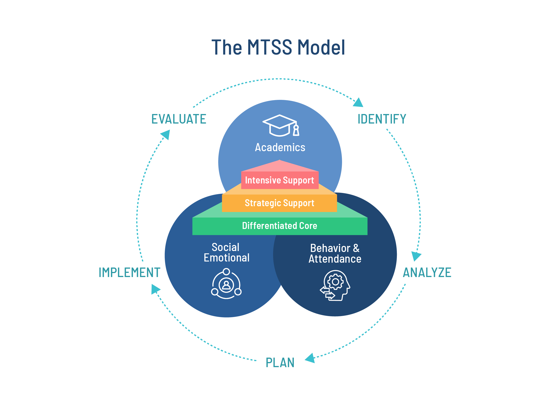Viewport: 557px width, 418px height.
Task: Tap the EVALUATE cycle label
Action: (179, 119)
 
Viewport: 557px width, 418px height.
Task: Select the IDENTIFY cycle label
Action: (382, 119)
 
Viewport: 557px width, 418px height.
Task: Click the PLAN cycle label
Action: (280, 362)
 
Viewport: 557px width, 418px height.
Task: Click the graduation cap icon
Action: (281, 125)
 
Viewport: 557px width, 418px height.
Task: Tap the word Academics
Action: (280, 147)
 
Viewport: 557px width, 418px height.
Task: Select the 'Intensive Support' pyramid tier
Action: (279, 180)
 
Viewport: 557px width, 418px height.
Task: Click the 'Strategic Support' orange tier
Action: (279, 203)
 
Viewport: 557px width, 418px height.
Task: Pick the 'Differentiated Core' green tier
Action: (279, 226)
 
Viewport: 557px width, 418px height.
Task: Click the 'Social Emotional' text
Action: (226, 252)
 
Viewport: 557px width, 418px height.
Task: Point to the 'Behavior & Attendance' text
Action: (335, 254)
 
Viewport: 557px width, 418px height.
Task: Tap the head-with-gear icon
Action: (335, 285)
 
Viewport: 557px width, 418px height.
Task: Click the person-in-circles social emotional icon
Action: (226, 284)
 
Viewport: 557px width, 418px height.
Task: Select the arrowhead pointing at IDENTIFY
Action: (359, 103)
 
